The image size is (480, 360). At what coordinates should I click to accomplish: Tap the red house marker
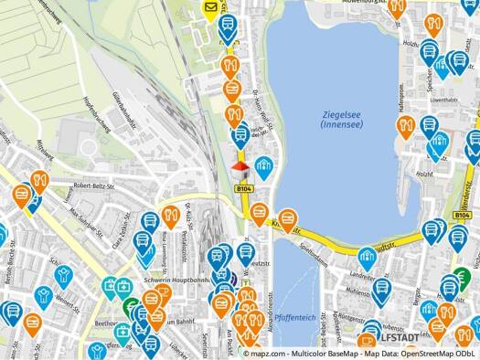point(240,169)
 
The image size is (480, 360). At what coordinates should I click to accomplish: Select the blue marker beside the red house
point(264,166)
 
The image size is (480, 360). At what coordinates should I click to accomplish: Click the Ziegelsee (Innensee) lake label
point(339,119)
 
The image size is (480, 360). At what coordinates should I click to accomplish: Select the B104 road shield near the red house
point(244,189)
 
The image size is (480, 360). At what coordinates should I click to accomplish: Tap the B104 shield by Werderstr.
point(461,215)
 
